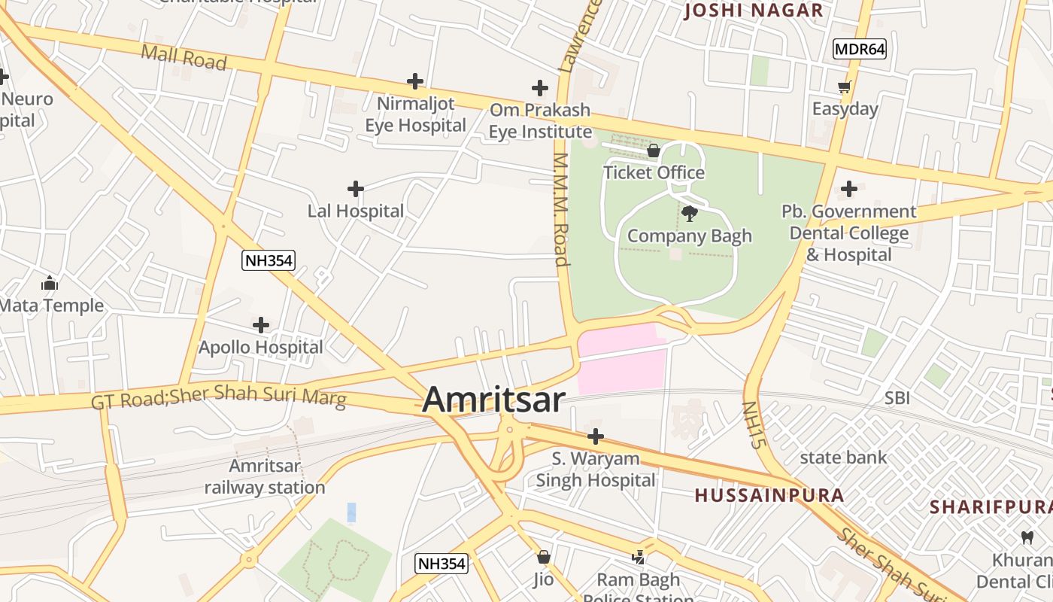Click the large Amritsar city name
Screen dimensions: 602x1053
tap(493, 400)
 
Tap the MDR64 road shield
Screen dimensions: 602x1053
tap(860, 50)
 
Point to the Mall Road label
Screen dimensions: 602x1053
tap(184, 57)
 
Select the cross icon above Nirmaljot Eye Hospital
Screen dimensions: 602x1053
tap(414, 81)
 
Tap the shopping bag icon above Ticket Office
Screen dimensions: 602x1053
tap(654, 151)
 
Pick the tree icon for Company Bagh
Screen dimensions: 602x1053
tap(689, 214)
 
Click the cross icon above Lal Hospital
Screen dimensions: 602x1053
tap(356, 189)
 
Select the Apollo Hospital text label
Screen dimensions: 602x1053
tap(260, 348)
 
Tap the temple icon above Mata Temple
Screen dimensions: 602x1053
tap(50, 284)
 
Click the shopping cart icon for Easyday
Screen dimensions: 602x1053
tap(845, 87)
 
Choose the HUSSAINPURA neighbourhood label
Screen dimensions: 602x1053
tap(769, 495)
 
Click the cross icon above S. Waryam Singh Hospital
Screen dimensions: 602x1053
tap(595, 436)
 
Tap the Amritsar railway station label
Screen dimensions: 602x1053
tap(265, 476)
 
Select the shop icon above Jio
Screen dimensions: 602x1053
tap(543, 558)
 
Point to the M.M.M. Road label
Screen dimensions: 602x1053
tap(560, 210)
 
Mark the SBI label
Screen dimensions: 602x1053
tap(897, 398)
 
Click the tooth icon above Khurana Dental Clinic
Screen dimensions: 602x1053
tap(1027, 538)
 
